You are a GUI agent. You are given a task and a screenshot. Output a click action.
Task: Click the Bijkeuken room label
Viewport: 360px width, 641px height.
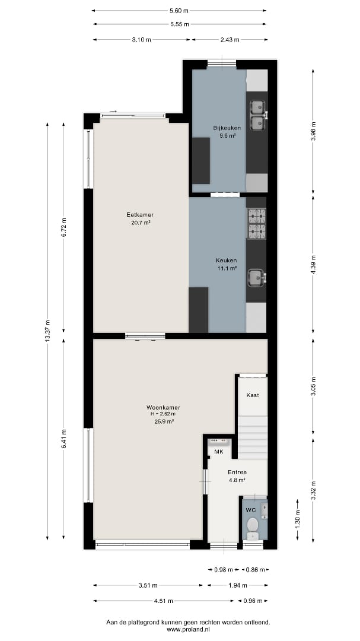pos(224,128)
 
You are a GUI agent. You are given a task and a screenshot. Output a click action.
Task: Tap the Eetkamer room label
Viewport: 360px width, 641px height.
pos(140,215)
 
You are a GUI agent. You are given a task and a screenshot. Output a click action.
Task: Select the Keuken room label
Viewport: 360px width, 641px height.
pos(227,261)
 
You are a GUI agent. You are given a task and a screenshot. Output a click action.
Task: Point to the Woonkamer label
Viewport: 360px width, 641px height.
pos(163,408)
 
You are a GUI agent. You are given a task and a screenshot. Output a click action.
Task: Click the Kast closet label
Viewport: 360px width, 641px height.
pos(253,395)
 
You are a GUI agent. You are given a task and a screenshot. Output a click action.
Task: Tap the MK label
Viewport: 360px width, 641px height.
pos(219,452)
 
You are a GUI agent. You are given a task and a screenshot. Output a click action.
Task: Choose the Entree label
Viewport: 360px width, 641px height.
pos(237,472)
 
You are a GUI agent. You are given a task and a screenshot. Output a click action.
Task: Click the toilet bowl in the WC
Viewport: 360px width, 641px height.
pos(253,525)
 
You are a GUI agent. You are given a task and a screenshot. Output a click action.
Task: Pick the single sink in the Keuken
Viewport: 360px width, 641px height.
pos(257,278)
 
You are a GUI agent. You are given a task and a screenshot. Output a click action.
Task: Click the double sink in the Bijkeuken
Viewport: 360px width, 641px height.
pos(258,115)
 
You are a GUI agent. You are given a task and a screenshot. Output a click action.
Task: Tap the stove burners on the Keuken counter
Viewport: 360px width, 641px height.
pos(257,223)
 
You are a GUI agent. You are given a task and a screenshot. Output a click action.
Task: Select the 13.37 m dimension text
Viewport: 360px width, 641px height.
pos(48,331)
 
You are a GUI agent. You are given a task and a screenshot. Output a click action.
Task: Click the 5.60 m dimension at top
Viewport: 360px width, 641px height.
pos(179,11)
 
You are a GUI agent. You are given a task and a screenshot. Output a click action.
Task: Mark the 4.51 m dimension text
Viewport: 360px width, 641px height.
pos(164,601)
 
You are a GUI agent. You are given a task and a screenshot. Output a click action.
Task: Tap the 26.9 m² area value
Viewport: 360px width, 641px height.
pos(163,421)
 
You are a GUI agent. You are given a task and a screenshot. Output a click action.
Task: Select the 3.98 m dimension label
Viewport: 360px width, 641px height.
pos(313,132)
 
